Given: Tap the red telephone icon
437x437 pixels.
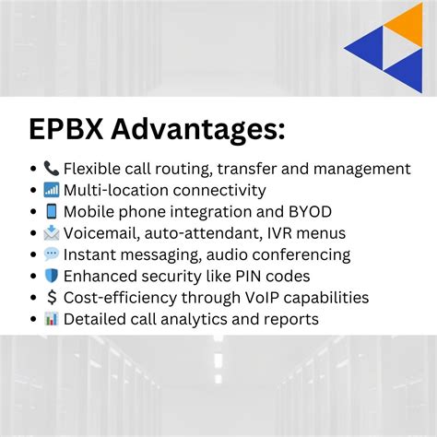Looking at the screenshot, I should (51, 169).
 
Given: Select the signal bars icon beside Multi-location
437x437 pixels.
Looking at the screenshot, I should (51, 191).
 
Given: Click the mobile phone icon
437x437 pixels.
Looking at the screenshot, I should (51, 212).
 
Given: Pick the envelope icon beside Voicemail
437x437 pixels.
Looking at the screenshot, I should (51, 233).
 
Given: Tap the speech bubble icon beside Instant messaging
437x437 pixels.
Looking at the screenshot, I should (51, 254).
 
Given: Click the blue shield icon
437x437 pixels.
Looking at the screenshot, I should (51, 276).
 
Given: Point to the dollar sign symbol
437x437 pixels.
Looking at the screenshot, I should (51, 298).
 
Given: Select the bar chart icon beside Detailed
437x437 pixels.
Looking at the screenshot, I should (51, 319).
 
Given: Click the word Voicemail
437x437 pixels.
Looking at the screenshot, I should (100, 233).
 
